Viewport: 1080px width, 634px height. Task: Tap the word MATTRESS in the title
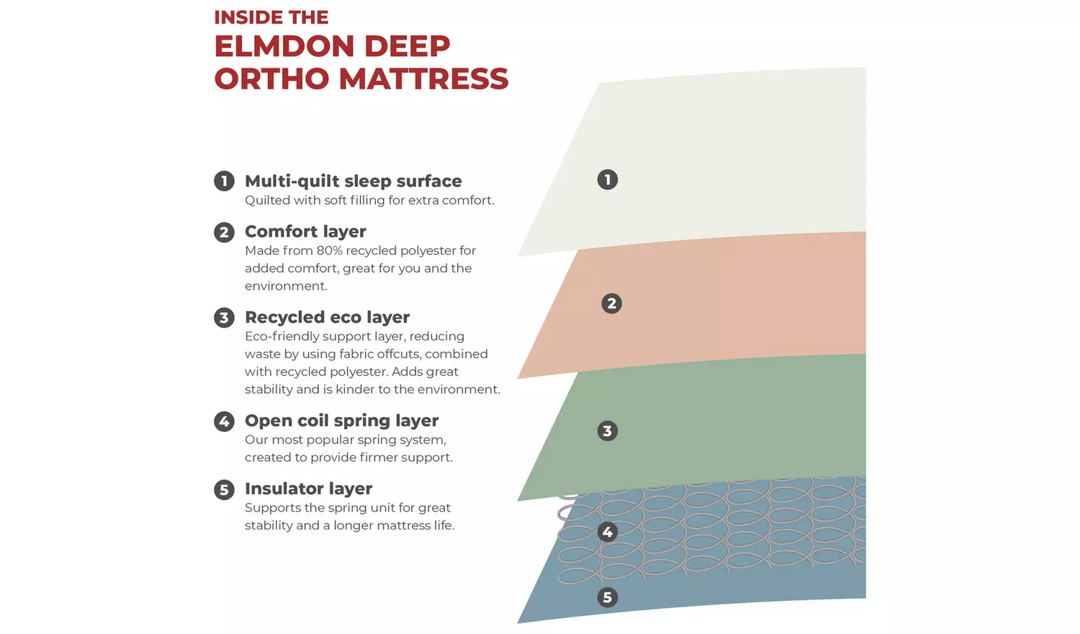click(x=423, y=79)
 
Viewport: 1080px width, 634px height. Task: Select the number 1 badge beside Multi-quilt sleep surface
click(x=224, y=181)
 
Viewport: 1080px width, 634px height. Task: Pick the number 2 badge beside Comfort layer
click(x=224, y=232)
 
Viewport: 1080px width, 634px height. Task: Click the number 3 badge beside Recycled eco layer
click(x=224, y=318)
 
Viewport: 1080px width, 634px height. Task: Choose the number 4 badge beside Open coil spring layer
click(x=224, y=421)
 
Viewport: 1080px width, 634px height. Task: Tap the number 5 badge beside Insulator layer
click(x=224, y=490)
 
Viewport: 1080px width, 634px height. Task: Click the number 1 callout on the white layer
click(x=608, y=179)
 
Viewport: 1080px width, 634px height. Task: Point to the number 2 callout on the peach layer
click(x=611, y=303)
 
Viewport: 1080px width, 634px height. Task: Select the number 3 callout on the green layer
click(x=608, y=431)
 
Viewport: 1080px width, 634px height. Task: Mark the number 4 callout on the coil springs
click(x=608, y=532)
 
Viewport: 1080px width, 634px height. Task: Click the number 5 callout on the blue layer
click(x=608, y=597)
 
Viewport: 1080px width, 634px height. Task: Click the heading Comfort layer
click(x=305, y=232)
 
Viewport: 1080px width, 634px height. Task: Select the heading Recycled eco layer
click(x=327, y=318)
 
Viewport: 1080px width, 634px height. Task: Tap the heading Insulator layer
click(x=308, y=489)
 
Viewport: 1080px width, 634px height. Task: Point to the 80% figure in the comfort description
click(x=329, y=251)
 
